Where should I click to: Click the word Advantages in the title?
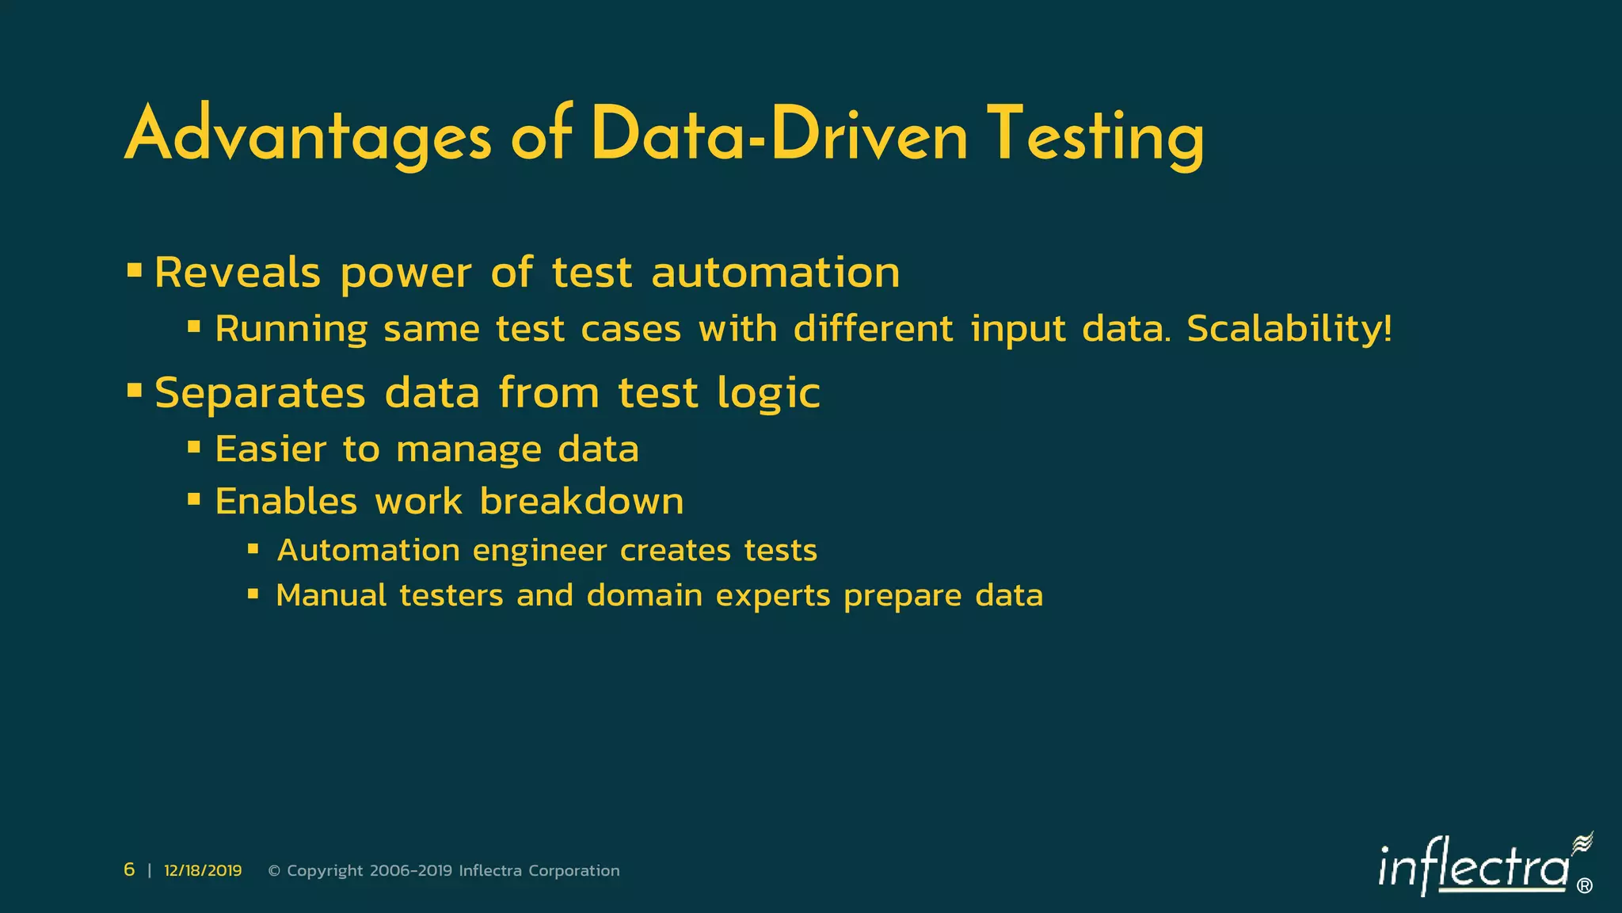[x=308, y=136]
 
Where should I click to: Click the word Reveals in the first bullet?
[x=238, y=273]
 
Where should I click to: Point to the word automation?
[x=775, y=273]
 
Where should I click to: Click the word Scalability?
[x=1289, y=329]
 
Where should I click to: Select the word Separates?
[x=260, y=392]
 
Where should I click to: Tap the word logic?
[x=768, y=394]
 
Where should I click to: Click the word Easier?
[x=270, y=449]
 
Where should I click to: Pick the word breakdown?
[x=581, y=501]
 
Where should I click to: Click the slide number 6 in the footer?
[x=129, y=870]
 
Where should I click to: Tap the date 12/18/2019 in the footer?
[x=203, y=870]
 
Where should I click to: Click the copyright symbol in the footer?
[x=274, y=871]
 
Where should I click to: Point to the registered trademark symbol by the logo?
[x=1584, y=886]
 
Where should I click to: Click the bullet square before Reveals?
[x=134, y=270]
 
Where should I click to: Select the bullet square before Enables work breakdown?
[x=194, y=499]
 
